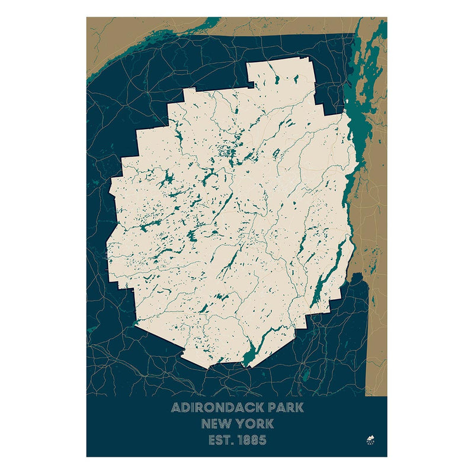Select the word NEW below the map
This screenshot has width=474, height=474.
pyautogui.click(x=216, y=424)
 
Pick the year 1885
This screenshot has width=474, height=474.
pyautogui.click(x=251, y=440)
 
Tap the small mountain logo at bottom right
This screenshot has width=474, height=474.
pyautogui.click(x=371, y=440)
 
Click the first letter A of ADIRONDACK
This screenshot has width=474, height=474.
pyautogui.click(x=175, y=408)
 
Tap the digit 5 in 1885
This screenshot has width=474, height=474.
pyautogui.click(x=262, y=440)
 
